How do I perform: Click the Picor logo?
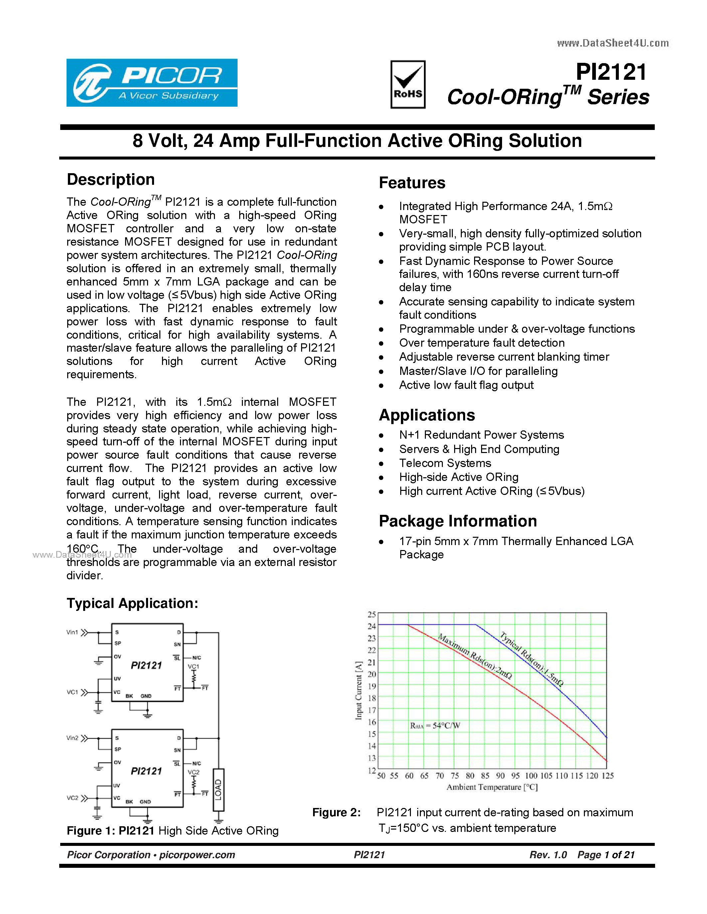152,82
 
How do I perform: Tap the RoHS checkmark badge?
408,84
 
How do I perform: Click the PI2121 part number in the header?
611,72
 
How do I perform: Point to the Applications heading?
427,415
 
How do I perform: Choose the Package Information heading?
457,521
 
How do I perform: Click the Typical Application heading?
132,603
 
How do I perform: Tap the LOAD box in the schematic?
218,790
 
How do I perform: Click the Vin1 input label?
72,632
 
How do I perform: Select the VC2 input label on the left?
72,798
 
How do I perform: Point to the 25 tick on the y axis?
372,614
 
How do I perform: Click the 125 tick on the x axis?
607,776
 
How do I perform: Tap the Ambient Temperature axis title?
492,787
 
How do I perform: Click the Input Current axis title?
359,691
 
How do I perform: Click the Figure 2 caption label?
336,812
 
